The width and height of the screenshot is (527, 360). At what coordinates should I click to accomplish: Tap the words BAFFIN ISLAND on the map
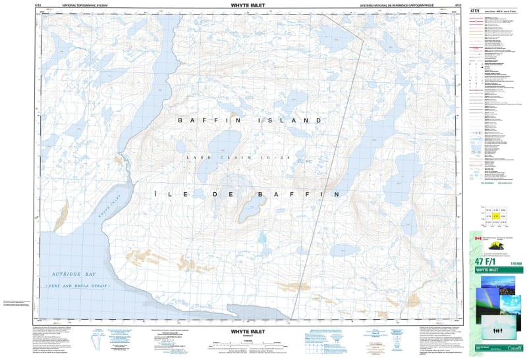(x=250, y=121)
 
